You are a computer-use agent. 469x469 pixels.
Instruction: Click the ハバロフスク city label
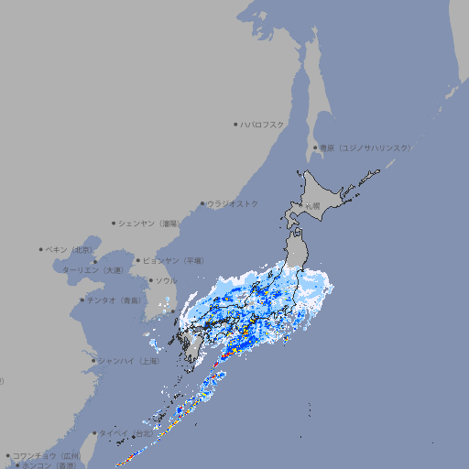click(263, 124)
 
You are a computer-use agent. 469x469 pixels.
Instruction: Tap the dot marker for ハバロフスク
click(235, 124)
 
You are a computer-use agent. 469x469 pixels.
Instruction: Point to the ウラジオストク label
click(233, 203)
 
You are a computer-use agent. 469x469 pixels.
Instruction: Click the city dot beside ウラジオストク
click(202, 203)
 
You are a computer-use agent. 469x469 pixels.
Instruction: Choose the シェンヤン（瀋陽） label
click(150, 223)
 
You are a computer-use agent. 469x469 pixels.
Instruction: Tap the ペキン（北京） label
click(71, 249)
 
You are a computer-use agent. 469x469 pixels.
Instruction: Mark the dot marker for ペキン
click(41, 249)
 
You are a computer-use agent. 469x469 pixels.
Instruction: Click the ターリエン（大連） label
click(93, 270)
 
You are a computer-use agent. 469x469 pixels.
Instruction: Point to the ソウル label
click(166, 280)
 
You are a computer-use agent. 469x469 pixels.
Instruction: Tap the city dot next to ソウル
click(150, 280)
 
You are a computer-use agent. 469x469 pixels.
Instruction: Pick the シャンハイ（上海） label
click(129, 361)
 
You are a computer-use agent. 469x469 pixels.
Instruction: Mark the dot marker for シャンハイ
click(93, 361)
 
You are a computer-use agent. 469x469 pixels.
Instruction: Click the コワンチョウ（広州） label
click(47, 455)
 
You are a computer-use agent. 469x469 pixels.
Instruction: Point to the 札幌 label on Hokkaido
click(313, 205)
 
